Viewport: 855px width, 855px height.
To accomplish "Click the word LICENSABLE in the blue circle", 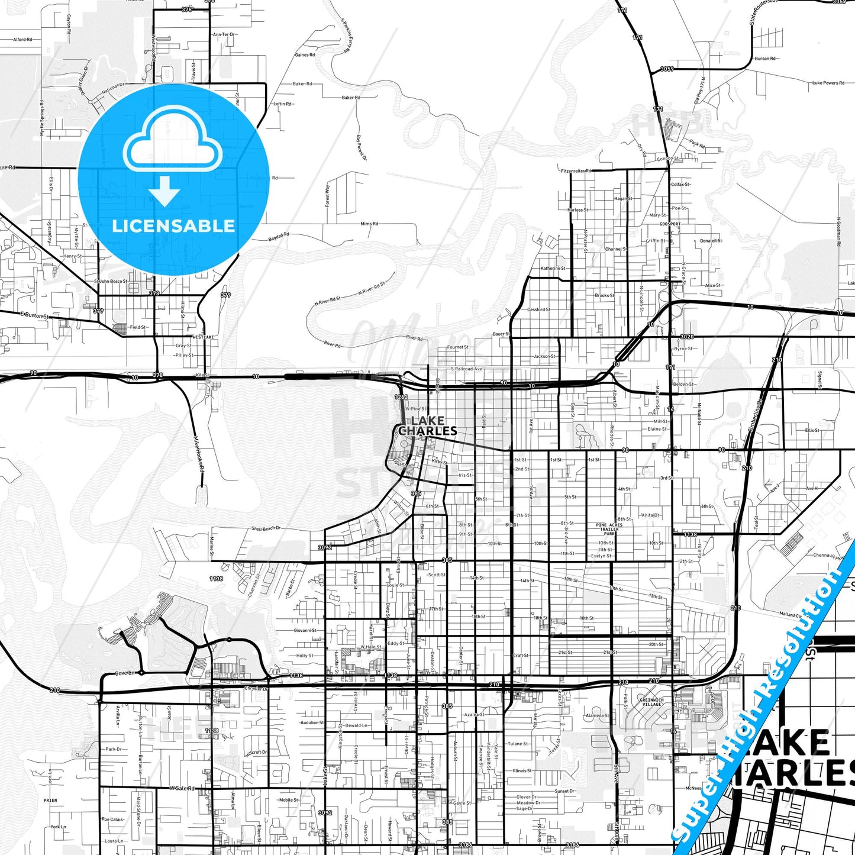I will coord(173,226).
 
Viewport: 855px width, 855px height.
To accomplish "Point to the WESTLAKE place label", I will coord(204,337).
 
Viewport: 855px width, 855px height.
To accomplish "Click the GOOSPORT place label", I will coord(671,224).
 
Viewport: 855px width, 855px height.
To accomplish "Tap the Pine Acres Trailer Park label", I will coord(609,529).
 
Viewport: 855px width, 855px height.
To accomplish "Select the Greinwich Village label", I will coord(651,702).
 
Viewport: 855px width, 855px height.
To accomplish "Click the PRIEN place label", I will coord(50,800).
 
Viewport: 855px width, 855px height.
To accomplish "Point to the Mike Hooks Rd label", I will coord(199,454).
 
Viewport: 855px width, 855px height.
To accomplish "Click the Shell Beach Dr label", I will coord(266,528).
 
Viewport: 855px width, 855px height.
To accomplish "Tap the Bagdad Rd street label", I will coord(279,237).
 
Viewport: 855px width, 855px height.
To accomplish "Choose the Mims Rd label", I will coord(369,224).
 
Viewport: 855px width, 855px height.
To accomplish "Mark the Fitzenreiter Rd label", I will coord(576,170).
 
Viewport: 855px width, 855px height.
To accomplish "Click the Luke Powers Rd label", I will coord(828,83).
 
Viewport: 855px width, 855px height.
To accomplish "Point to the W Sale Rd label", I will coord(182,788).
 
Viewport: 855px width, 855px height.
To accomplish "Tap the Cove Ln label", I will coord(125,673).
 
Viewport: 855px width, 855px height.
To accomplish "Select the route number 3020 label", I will coord(686,337).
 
